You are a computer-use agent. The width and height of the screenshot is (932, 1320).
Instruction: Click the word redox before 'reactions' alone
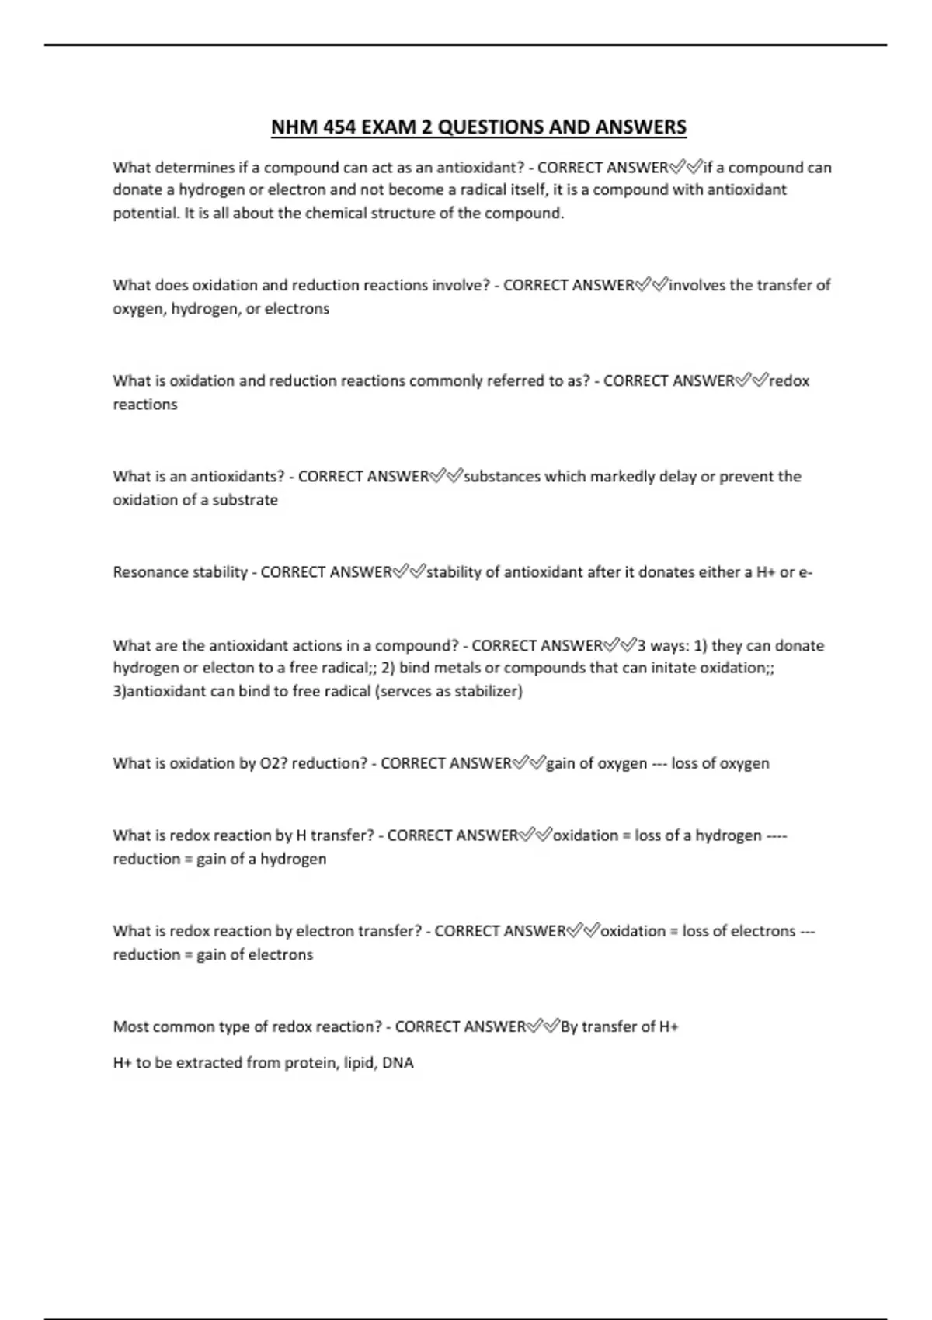(x=789, y=381)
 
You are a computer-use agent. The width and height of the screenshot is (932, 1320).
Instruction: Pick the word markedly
(x=622, y=477)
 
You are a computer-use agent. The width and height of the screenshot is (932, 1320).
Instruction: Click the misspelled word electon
(x=228, y=668)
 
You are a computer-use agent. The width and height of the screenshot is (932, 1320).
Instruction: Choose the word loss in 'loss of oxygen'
(x=685, y=763)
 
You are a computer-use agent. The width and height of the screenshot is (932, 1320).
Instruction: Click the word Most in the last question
(x=130, y=1026)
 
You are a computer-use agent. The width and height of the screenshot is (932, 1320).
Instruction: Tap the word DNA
(x=398, y=1063)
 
